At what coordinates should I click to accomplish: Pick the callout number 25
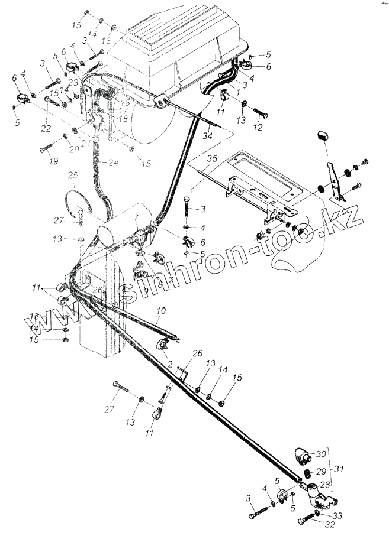72,176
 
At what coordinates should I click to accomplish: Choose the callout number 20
73,149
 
